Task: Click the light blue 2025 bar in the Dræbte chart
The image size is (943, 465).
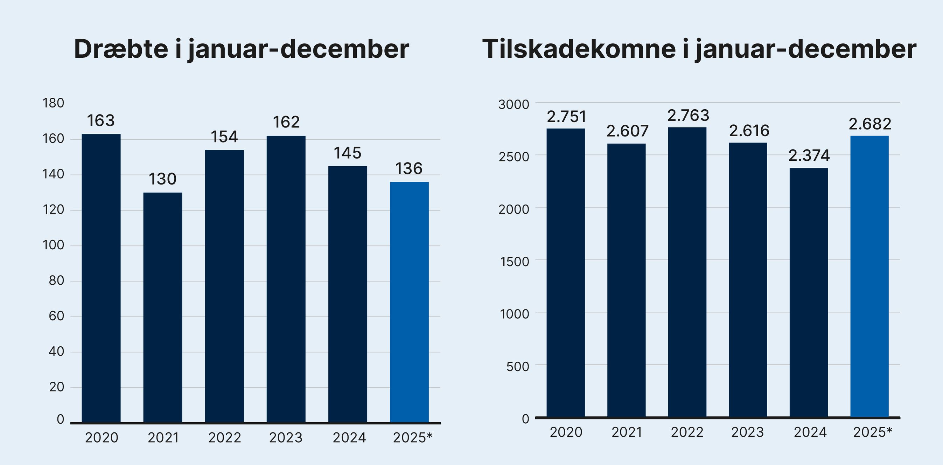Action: [x=409, y=302]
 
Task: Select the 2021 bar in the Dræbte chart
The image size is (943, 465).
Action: [x=162, y=307]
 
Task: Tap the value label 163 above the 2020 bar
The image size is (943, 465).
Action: [x=101, y=121]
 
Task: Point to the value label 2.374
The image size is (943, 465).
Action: [x=809, y=156]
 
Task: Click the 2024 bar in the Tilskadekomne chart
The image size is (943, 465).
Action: [x=809, y=292]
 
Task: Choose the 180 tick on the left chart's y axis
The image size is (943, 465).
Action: [x=54, y=103]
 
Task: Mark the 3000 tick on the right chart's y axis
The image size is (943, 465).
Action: [x=514, y=105]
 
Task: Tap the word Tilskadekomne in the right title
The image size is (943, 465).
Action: [x=579, y=49]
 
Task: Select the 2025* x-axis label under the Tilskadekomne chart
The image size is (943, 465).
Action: [x=873, y=432]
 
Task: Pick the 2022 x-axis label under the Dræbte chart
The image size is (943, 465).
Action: [x=224, y=438]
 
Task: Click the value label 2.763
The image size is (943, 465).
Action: [x=688, y=116]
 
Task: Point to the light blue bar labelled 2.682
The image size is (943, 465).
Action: [x=869, y=276]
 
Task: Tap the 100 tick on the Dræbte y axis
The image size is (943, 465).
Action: [x=54, y=245]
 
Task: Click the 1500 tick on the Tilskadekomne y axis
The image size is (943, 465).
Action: [x=514, y=262]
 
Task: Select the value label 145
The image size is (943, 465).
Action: [x=347, y=153]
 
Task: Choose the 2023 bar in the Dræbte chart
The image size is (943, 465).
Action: [x=286, y=279]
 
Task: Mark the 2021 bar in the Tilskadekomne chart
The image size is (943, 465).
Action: [x=626, y=280]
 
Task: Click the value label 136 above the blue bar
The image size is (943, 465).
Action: [x=409, y=169]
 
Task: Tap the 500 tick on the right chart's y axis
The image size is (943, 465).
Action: [x=517, y=367]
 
